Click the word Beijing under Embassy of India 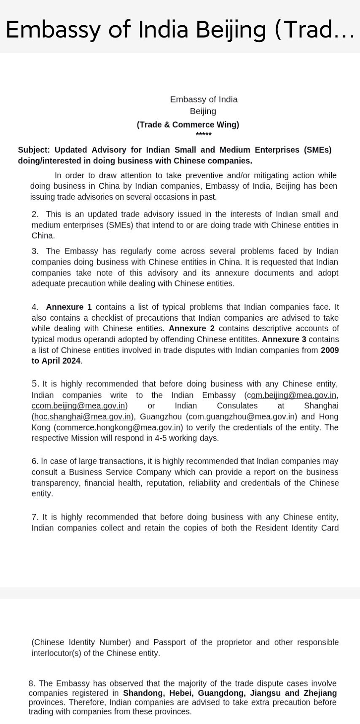point(203,111)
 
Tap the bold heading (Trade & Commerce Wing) point(188,125)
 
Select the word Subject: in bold point(34,150)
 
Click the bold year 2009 point(330,351)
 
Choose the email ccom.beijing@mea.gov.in point(78,406)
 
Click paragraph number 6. point(35,461)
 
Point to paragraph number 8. point(32,684)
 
